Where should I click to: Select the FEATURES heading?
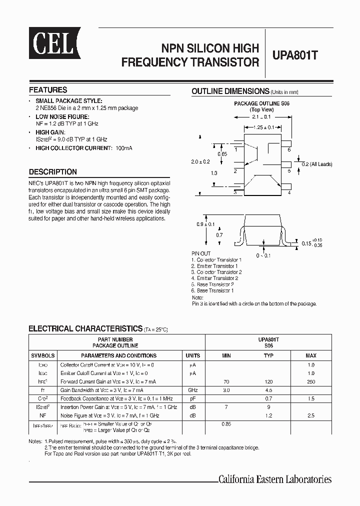pos(48,90)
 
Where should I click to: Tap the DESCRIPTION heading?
pos(53,171)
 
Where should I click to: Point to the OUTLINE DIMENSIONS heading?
pos(230,91)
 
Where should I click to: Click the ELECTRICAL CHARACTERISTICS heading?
pos(85,328)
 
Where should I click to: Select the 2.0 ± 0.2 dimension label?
pos(200,162)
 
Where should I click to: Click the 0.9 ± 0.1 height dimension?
pos(205,224)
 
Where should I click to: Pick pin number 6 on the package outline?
pos(289,149)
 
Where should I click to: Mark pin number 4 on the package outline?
pos(289,192)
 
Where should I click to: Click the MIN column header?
pos(226,355)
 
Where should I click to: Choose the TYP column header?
pos(268,355)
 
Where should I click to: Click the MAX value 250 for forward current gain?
pos(310,381)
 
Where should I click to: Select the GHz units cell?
pos(192,390)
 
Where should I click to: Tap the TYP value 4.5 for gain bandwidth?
pos(268,390)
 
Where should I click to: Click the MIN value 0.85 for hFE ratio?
pos(226,424)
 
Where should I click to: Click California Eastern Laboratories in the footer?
pos(275,479)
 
